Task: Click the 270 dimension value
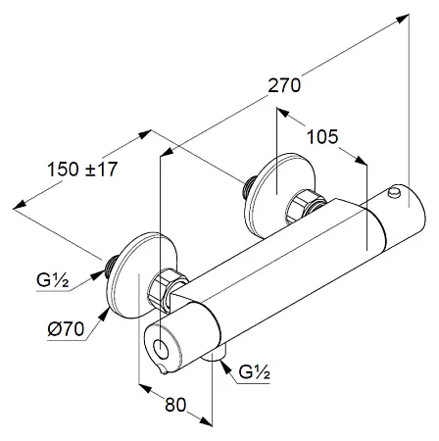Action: [x=284, y=86]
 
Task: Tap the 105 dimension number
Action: [x=322, y=137]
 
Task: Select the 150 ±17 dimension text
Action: [x=82, y=170]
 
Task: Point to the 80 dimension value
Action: [x=175, y=405]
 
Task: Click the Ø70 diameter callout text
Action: [x=66, y=329]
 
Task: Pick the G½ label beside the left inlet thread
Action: [x=53, y=280]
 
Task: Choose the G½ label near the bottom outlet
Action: [x=254, y=371]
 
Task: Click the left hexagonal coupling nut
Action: [x=168, y=289]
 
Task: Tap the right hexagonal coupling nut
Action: [x=306, y=209]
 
